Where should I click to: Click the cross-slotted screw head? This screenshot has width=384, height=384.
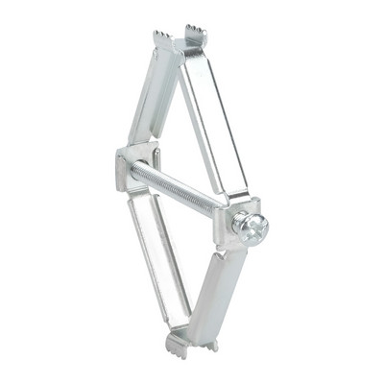coord(252,228)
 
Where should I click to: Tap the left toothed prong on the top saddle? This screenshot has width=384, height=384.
coord(162,39)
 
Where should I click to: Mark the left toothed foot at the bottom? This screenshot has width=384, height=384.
coord(177,342)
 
